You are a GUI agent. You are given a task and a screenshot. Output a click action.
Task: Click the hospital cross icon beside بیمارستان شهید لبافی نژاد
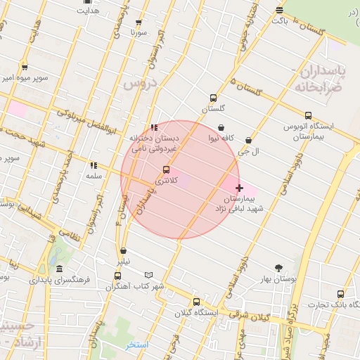coord(240,188)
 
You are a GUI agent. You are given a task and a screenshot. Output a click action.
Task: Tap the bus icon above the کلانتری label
coord(166,169)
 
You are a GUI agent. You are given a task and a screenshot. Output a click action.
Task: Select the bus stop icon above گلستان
coord(212,98)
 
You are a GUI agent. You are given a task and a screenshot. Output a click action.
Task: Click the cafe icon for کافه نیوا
coord(222,128)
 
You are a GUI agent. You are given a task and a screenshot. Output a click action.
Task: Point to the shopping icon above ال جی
coord(248,140)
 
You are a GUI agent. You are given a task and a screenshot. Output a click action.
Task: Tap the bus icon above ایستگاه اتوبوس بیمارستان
coord(308,115)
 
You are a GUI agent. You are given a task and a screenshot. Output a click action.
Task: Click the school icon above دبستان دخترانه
coord(154,127)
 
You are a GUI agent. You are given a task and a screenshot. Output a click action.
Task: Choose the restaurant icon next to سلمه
coord(93,166)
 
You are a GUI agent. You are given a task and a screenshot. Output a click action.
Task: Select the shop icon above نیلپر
coord(124,250)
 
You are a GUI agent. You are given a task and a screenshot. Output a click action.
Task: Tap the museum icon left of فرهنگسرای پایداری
coord(58,269)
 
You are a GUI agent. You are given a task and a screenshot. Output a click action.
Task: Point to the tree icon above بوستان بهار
coord(278,268)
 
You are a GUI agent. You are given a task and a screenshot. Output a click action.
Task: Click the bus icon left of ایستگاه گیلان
coord(196,302)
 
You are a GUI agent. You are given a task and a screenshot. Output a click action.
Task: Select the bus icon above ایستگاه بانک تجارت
coord(341,294)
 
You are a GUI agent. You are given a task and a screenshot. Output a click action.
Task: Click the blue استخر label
coord(136,345)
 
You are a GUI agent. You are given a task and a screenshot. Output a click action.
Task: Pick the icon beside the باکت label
coord(280,11)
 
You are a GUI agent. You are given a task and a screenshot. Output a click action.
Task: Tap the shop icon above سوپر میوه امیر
coord(25,67)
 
